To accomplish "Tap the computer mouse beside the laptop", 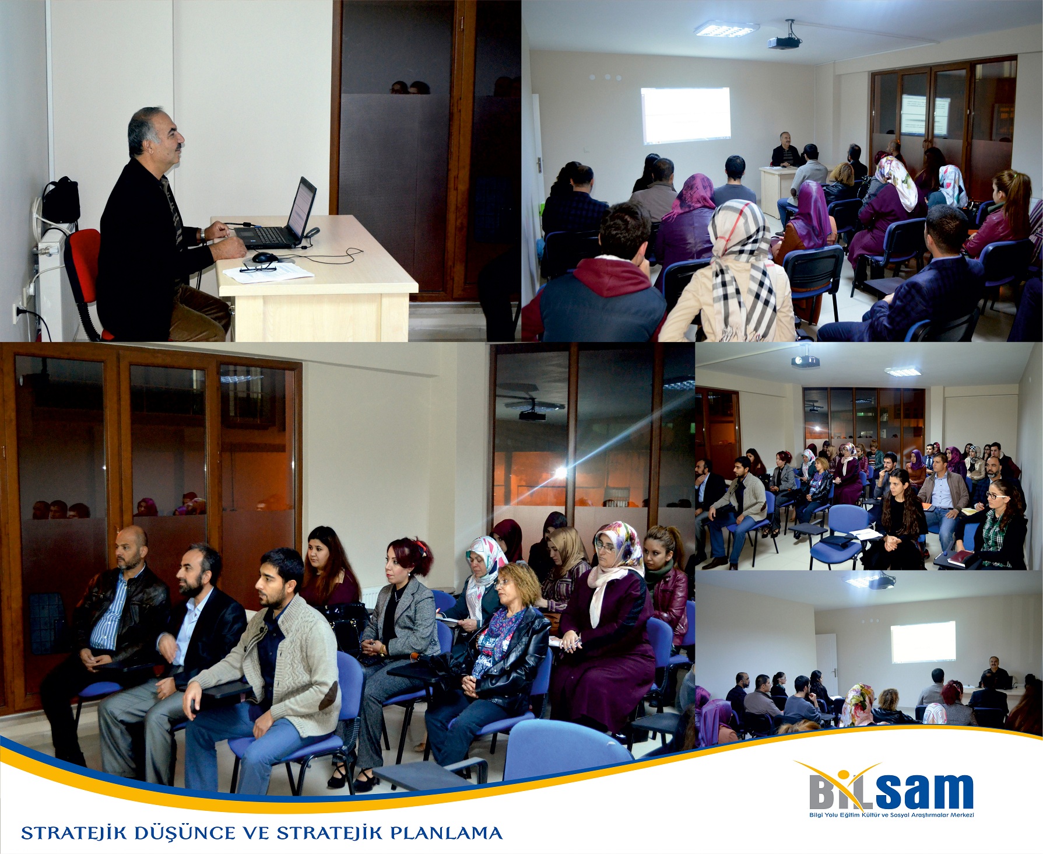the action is point(265,257).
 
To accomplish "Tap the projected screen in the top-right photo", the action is point(685,115).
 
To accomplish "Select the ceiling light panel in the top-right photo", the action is point(726,29).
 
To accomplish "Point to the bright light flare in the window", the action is point(560,472).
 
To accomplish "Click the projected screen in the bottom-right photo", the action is point(923,642).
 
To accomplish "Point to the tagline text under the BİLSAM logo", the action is point(891,815).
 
